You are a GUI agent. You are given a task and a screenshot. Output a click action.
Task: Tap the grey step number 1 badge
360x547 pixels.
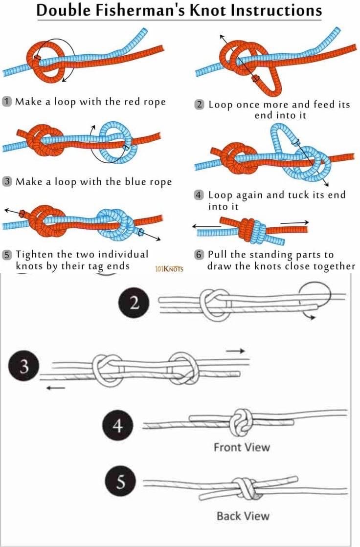(7, 102)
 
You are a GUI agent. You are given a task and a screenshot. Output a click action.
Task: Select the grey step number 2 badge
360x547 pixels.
(200, 105)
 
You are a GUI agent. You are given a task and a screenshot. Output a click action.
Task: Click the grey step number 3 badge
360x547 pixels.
(7, 181)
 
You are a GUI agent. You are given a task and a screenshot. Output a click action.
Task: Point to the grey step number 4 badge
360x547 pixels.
(199, 195)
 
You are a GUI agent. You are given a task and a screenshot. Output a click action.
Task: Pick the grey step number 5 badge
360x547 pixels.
(7, 255)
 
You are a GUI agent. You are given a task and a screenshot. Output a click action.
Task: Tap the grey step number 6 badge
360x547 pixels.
(199, 255)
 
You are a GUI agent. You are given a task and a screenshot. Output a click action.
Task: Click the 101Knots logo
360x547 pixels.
(169, 268)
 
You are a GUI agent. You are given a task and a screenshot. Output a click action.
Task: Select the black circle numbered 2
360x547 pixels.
(132, 303)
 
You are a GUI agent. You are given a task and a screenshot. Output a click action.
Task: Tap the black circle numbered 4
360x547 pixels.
(117, 426)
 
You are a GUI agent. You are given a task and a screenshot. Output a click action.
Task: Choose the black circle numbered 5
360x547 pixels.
(118, 483)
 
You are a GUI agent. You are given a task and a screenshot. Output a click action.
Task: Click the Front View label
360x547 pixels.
(242, 447)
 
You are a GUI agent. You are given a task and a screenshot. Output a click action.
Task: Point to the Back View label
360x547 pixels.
(243, 516)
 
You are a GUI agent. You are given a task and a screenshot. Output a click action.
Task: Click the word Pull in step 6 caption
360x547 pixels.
(217, 255)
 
